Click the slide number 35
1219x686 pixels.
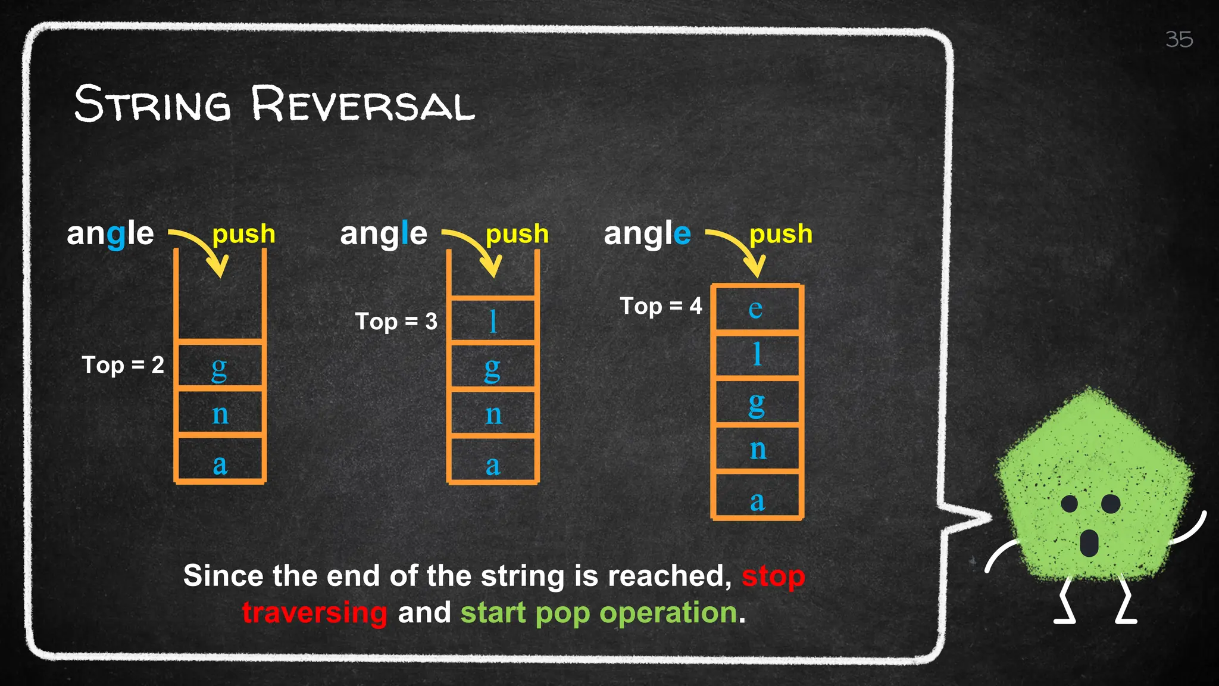tap(1179, 39)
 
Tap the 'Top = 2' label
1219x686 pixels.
tap(123, 364)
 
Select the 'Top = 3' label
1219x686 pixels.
tap(396, 322)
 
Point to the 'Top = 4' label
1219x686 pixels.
tap(661, 306)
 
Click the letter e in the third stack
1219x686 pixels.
tap(755, 308)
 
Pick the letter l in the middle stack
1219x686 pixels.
tap(493, 322)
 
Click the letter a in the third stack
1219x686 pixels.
tap(757, 501)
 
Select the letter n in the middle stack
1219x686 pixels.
tap(493, 414)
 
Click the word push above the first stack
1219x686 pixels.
tap(243, 234)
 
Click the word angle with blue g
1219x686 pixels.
tap(110, 233)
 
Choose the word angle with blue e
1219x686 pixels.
tap(647, 233)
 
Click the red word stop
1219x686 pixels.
tap(773, 576)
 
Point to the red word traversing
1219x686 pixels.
tap(315, 613)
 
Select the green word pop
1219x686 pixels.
tap(562, 613)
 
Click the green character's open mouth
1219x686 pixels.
tap(1089, 542)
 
